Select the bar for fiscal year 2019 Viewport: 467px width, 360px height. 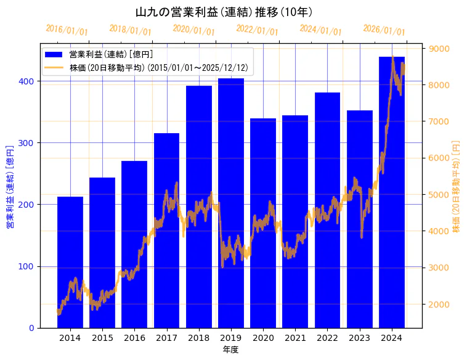coord(231,203)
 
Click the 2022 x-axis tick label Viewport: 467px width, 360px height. coord(327,338)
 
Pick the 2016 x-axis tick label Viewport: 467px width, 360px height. coord(134,338)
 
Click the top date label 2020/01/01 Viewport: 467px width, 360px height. coord(194,30)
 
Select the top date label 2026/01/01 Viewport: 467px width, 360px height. coord(384,30)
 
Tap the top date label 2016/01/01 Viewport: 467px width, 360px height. coord(67,30)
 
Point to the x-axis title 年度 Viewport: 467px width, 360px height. coord(230,350)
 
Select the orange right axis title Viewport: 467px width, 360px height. coord(457,186)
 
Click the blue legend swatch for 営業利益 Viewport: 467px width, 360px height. coord(55,54)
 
